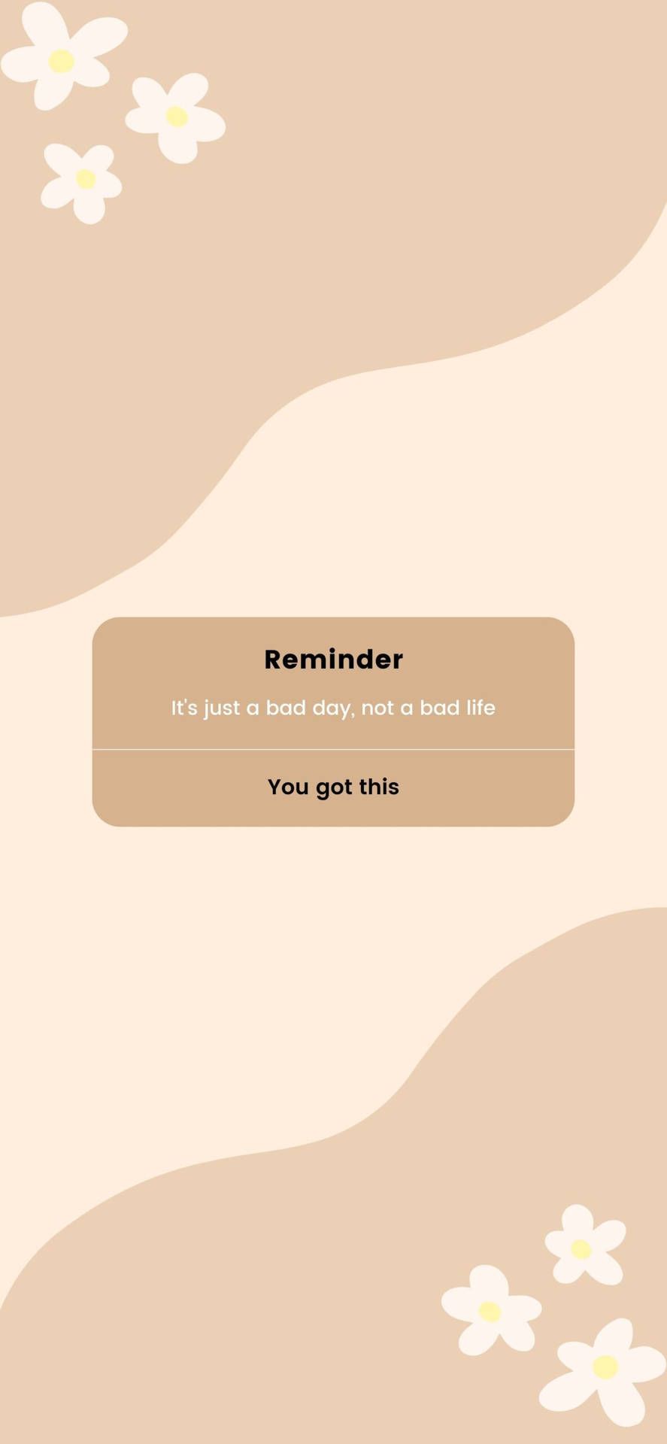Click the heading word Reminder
click(333, 660)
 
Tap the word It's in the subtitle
click(183, 708)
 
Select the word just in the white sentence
click(221, 708)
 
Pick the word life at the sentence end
click(481, 708)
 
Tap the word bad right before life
click(439, 708)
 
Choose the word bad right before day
click(286, 708)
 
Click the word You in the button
click(288, 787)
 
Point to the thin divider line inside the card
click(333, 749)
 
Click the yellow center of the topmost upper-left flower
click(61, 61)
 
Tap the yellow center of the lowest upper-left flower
click(86, 179)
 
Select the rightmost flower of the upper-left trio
click(176, 117)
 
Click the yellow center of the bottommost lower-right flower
click(605, 1367)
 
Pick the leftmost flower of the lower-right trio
click(490, 1312)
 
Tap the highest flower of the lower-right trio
click(581, 1249)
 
